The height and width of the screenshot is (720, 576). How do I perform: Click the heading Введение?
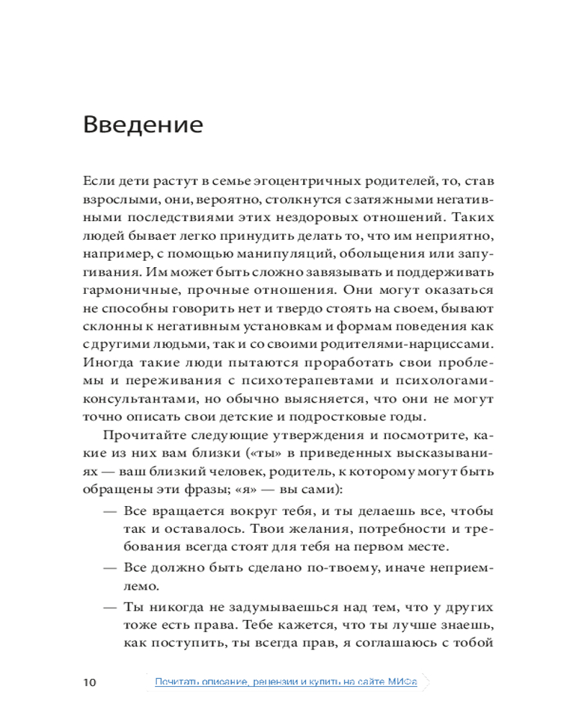[143, 124]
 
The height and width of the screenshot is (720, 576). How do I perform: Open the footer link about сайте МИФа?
[286, 681]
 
